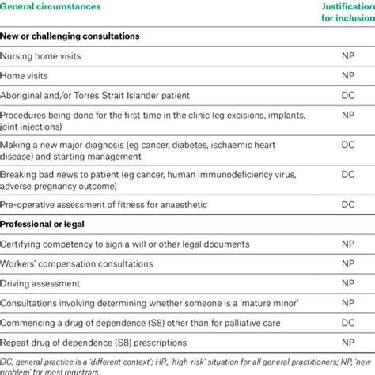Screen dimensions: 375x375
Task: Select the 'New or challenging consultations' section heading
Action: click(70, 36)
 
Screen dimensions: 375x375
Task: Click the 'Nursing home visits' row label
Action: click(41, 56)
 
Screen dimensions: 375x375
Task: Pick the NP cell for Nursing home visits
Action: click(347, 56)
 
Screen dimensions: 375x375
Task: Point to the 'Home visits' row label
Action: click(25, 76)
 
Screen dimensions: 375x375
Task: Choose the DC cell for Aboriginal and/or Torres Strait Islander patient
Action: click(347, 96)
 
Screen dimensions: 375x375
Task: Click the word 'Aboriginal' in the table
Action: click(24, 96)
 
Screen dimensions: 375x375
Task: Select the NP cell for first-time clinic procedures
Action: click(347, 116)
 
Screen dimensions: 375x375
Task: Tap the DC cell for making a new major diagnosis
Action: click(347, 146)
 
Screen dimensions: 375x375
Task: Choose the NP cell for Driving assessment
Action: click(347, 282)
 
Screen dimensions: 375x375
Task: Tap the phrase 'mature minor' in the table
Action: click(271, 303)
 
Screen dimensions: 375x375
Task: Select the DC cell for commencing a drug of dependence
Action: click(347, 323)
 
